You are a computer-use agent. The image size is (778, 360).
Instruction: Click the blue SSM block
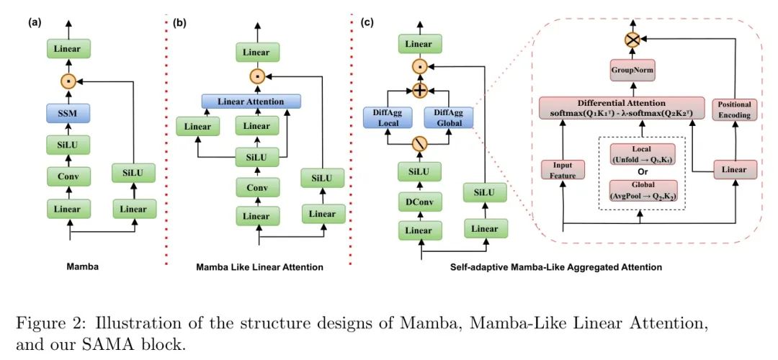pyautogui.click(x=69, y=114)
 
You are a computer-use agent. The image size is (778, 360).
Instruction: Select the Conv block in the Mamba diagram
pyautogui.click(x=69, y=176)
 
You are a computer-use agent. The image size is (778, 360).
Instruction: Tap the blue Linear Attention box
pyautogui.click(x=251, y=102)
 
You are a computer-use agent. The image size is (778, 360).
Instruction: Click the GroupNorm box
pyautogui.click(x=631, y=71)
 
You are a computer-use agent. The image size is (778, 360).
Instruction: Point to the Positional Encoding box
pyautogui.click(x=735, y=110)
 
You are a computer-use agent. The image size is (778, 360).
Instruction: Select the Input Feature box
pyautogui.click(x=563, y=170)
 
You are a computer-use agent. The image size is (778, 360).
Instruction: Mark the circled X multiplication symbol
pyautogui.click(x=632, y=40)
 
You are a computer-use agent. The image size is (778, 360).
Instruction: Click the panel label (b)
pyautogui.click(x=179, y=22)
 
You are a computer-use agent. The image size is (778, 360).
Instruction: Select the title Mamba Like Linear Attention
pyautogui.click(x=259, y=267)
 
